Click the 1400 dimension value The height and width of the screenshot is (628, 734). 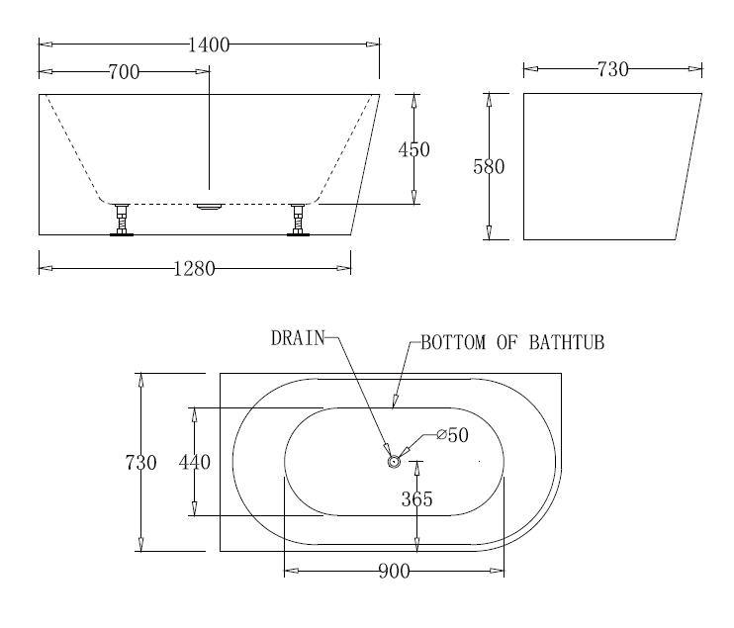(x=209, y=45)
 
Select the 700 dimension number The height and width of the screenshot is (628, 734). (x=124, y=72)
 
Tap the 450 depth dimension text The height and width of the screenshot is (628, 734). (x=414, y=149)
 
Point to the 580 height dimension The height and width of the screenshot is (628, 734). (x=489, y=166)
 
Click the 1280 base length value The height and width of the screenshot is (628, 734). (x=194, y=269)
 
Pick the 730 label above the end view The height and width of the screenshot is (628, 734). (x=612, y=69)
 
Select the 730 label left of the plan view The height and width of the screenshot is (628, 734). (x=140, y=463)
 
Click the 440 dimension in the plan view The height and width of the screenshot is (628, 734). (x=195, y=463)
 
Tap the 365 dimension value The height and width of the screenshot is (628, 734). (x=416, y=499)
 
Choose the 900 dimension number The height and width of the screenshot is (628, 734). (x=394, y=572)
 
